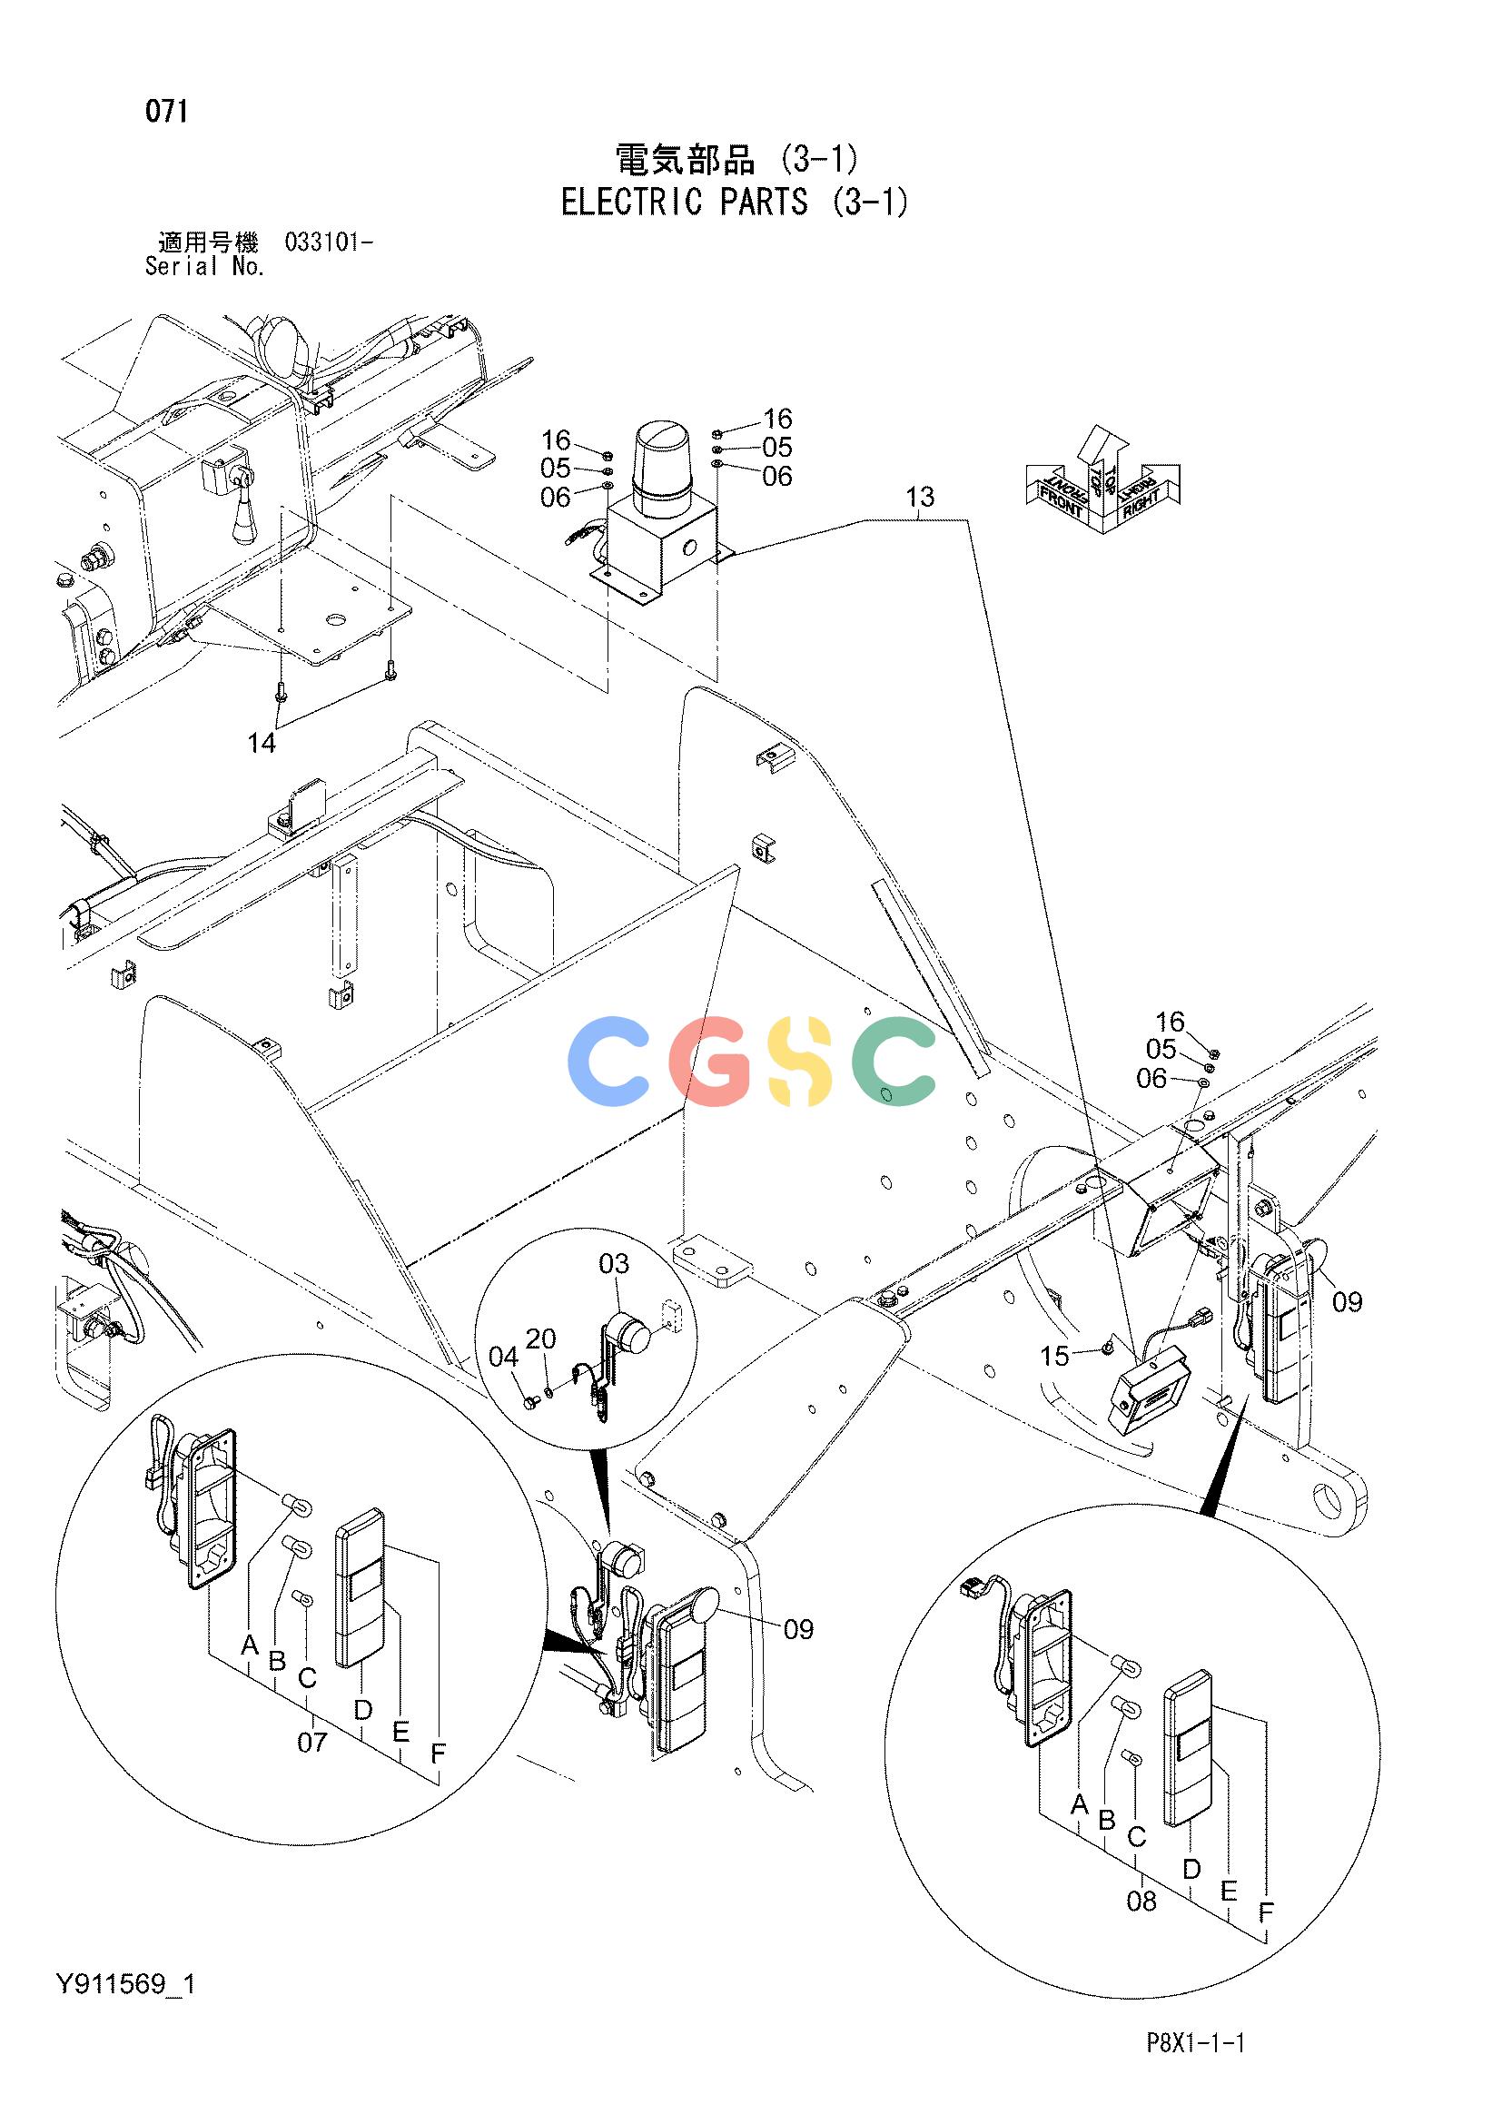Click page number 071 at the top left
point(167,112)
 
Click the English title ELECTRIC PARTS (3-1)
point(736,202)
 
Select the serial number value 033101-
point(330,243)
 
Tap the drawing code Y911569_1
point(126,1983)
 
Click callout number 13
point(920,498)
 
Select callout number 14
point(262,743)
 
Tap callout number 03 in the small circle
point(614,1263)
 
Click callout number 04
point(504,1357)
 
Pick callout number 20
point(541,1339)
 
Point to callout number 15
point(1054,1356)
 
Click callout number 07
point(311,1742)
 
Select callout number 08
point(1142,1902)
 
